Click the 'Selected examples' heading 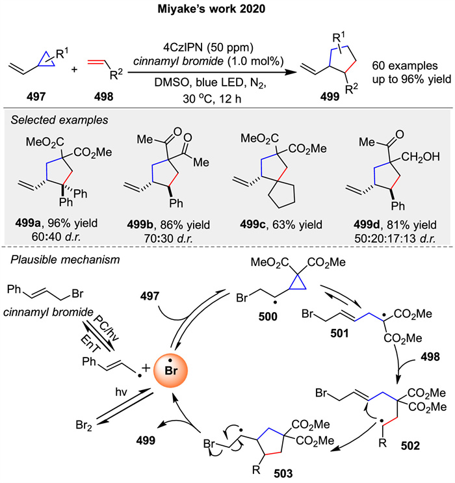tap(55, 121)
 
